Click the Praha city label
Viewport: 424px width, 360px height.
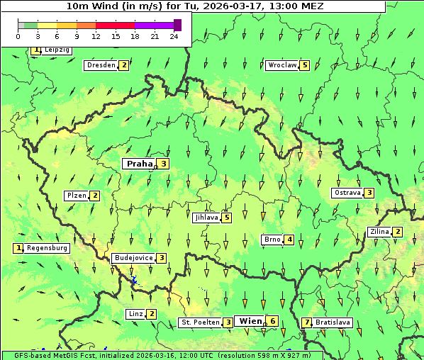[x=139, y=164]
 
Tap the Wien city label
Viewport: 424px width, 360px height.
[x=250, y=321]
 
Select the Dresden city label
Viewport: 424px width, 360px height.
[x=100, y=65]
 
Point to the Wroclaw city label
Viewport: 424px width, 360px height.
[x=282, y=65]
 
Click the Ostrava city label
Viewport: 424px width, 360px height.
[x=347, y=193]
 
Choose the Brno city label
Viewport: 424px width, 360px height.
[x=272, y=240]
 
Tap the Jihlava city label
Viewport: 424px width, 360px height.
[x=206, y=218]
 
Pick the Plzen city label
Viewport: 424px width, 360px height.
[x=76, y=196]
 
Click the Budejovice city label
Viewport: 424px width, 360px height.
[x=133, y=258]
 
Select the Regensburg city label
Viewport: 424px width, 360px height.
[x=47, y=248]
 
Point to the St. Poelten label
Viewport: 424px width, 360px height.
[x=199, y=322]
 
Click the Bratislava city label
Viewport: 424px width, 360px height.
[x=333, y=322]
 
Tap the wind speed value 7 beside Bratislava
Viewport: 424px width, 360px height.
[x=306, y=322]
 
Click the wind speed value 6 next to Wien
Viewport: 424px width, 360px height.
[x=273, y=322]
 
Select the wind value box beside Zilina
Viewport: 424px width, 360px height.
[x=398, y=232]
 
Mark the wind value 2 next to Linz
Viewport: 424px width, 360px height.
[x=152, y=314]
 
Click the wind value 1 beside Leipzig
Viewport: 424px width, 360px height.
[x=35, y=50]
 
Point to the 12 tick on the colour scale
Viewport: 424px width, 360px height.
[x=96, y=36]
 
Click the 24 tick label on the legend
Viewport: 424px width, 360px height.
[x=174, y=36]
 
